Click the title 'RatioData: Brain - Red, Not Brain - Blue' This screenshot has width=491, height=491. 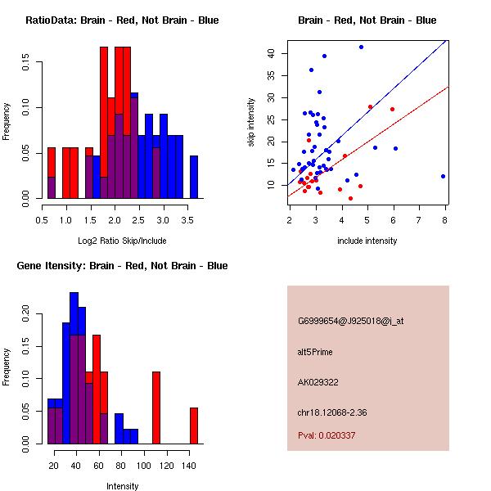tap(122, 20)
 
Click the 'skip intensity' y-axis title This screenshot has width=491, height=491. tap(251, 123)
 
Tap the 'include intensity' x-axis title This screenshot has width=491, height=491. tap(367, 241)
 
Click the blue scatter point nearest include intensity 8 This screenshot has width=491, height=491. tap(443, 176)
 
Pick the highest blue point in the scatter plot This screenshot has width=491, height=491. tap(361, 47)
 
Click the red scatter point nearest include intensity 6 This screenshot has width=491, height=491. tap(392, 109)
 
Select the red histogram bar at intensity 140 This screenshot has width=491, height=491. tap(194, 426)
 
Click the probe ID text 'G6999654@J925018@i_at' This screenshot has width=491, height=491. tap(350, 321)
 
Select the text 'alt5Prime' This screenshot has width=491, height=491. tap(315, 352)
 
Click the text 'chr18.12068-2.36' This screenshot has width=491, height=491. tap(331, 412)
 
